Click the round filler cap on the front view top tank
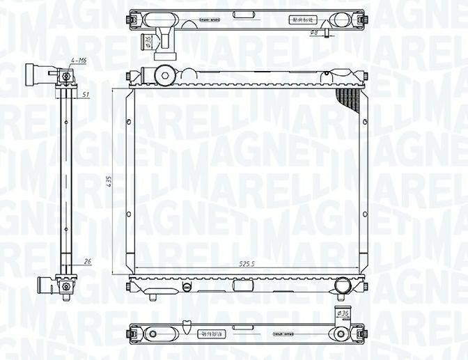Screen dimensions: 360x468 (164, 74)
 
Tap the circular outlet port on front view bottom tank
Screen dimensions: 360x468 (342, 285)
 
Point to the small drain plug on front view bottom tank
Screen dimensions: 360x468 (185, 286)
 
